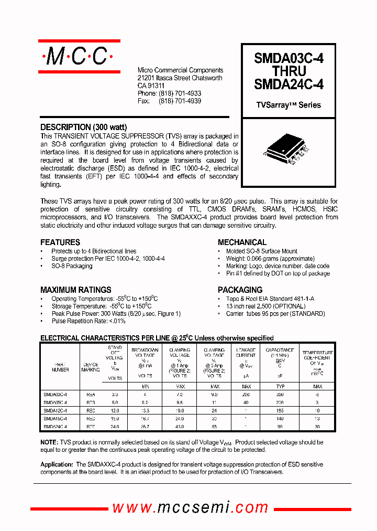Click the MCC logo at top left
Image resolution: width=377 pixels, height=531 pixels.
click(x=79, y=56)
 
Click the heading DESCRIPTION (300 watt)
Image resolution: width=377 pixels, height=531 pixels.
click(x=84, y=127)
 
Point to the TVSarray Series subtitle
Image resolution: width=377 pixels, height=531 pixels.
click(x=288, y=105)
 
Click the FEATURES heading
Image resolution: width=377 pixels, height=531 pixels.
click(x=60, y=242)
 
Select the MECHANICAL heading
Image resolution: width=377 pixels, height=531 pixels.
click(x=242, y=242)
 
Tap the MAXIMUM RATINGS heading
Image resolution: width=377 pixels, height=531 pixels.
click(x=76, y=290)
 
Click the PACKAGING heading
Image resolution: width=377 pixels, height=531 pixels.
click(x=240, y=290)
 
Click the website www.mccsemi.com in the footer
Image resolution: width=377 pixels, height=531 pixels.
click(x=191, y=507)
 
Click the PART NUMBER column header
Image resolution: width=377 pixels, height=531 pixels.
click(x=60, y=366)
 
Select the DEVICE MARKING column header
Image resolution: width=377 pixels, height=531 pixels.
click(x=91, y=366)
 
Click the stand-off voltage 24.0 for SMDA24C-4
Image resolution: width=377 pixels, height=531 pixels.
click(x=115, y=427)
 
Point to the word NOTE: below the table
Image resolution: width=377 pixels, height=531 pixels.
click(x=49, y=442)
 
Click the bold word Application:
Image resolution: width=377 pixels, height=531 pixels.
click(x=57, y=464)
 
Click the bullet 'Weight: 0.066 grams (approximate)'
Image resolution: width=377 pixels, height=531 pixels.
click(x=270, y=259)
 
